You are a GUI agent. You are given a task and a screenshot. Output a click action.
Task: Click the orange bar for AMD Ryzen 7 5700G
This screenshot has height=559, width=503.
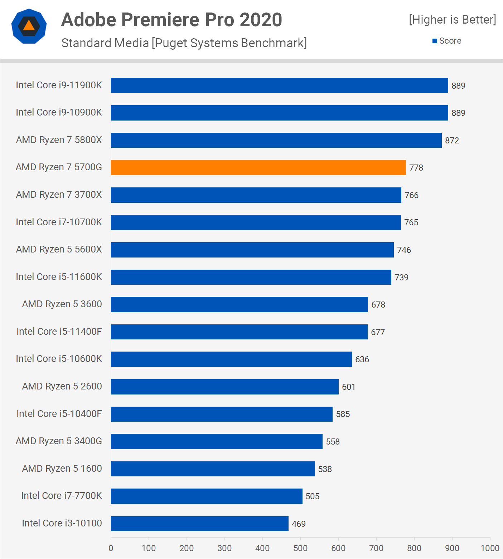258,167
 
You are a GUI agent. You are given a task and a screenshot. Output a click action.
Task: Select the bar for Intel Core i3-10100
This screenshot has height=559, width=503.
199,524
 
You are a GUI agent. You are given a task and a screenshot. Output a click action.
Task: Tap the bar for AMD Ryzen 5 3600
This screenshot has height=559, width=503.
239,304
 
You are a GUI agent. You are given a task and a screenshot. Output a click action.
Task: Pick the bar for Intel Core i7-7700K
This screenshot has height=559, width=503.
207,496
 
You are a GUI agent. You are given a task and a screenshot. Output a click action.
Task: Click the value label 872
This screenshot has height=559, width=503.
452,141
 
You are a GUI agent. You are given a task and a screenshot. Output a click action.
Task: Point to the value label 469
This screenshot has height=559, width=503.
299,524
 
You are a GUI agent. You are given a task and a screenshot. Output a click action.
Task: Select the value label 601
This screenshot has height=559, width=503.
348,387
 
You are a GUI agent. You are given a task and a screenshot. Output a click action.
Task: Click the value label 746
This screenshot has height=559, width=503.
404,250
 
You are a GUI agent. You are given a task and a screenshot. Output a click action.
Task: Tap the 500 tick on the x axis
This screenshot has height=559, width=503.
300,548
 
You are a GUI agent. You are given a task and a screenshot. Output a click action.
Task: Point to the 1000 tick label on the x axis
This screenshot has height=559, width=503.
490,548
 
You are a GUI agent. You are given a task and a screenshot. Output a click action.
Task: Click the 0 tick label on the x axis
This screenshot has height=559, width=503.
111,548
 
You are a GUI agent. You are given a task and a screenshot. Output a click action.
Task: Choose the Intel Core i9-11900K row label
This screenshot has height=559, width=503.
59,85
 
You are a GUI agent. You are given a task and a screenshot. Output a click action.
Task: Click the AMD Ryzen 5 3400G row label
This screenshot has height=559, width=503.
59,441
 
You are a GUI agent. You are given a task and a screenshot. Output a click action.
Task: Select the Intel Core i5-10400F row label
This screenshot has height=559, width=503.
59,414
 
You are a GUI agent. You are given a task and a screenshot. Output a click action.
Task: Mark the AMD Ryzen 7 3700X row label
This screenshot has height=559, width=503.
59,195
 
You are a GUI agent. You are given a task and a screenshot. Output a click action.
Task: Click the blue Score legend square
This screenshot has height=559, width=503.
435,41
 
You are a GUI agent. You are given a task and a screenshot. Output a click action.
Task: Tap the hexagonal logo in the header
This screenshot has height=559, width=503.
29,26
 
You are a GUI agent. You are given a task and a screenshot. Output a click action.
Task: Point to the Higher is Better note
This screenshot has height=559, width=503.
453,20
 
